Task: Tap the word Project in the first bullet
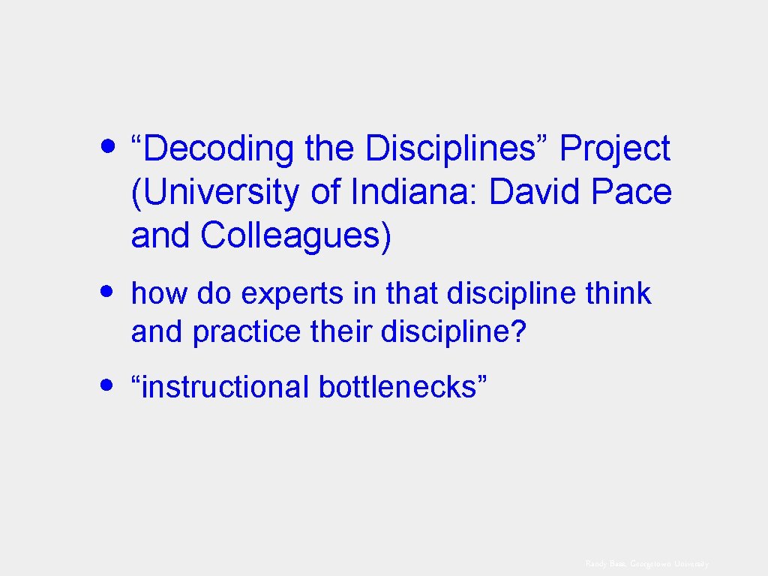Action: click(614, 148)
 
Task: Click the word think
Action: click(619, 294)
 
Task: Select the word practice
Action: click(246, 331)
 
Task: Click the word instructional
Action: click(224, 387)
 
